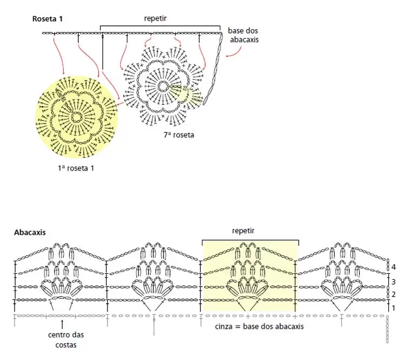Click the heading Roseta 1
tap(48, 19)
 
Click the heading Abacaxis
tap(30, 233)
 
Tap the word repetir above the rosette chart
tap(155, 18)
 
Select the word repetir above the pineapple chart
tap(243, 230)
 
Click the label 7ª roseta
tap(179, 135)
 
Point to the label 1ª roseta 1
tap(76, 168)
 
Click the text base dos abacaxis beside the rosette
tap(243, 35)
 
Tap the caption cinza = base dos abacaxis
tap(259, 327)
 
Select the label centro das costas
tap(66, 340)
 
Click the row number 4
tap(393, 267)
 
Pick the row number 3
tap(393, 282)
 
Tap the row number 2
tap(393, 294)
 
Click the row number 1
tap(393, 308)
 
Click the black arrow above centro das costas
tap(62, 324)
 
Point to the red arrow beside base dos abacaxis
tap(234, 53)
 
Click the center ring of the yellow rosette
tap(76, 118)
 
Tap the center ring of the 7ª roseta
tap(163, 86)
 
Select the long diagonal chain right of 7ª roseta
tap(213, 69)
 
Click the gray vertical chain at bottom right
tap(387, 330)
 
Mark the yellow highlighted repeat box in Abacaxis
tap(250, 276)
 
